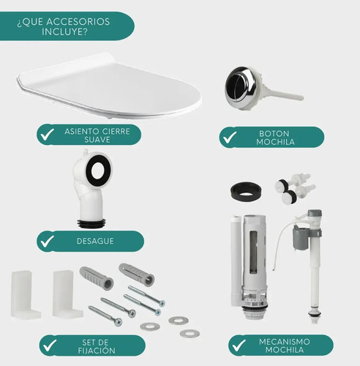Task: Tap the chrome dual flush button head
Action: click(x=241, y=87)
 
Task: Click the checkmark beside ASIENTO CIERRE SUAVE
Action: click(x=48, y=134)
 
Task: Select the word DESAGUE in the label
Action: click(x=95, y=241)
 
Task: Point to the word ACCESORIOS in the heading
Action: click(x=78, y=22)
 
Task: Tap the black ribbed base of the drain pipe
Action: click(x=91, y=223)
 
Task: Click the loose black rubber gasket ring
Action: click(x=246, y=191)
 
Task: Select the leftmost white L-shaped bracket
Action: click(x=25, y=294)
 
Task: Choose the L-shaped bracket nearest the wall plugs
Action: click(x=67, y=294)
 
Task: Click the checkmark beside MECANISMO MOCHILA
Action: click(x=239, y=345)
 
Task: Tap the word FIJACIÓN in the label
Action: click(x=97, y=351)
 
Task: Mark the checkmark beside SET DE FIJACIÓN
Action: click(x=49, y=345)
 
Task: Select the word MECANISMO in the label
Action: click(x=285, y=342)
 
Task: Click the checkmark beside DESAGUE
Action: click(x=48, y=241)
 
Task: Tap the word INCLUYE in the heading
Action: click(x=64, y=31)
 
